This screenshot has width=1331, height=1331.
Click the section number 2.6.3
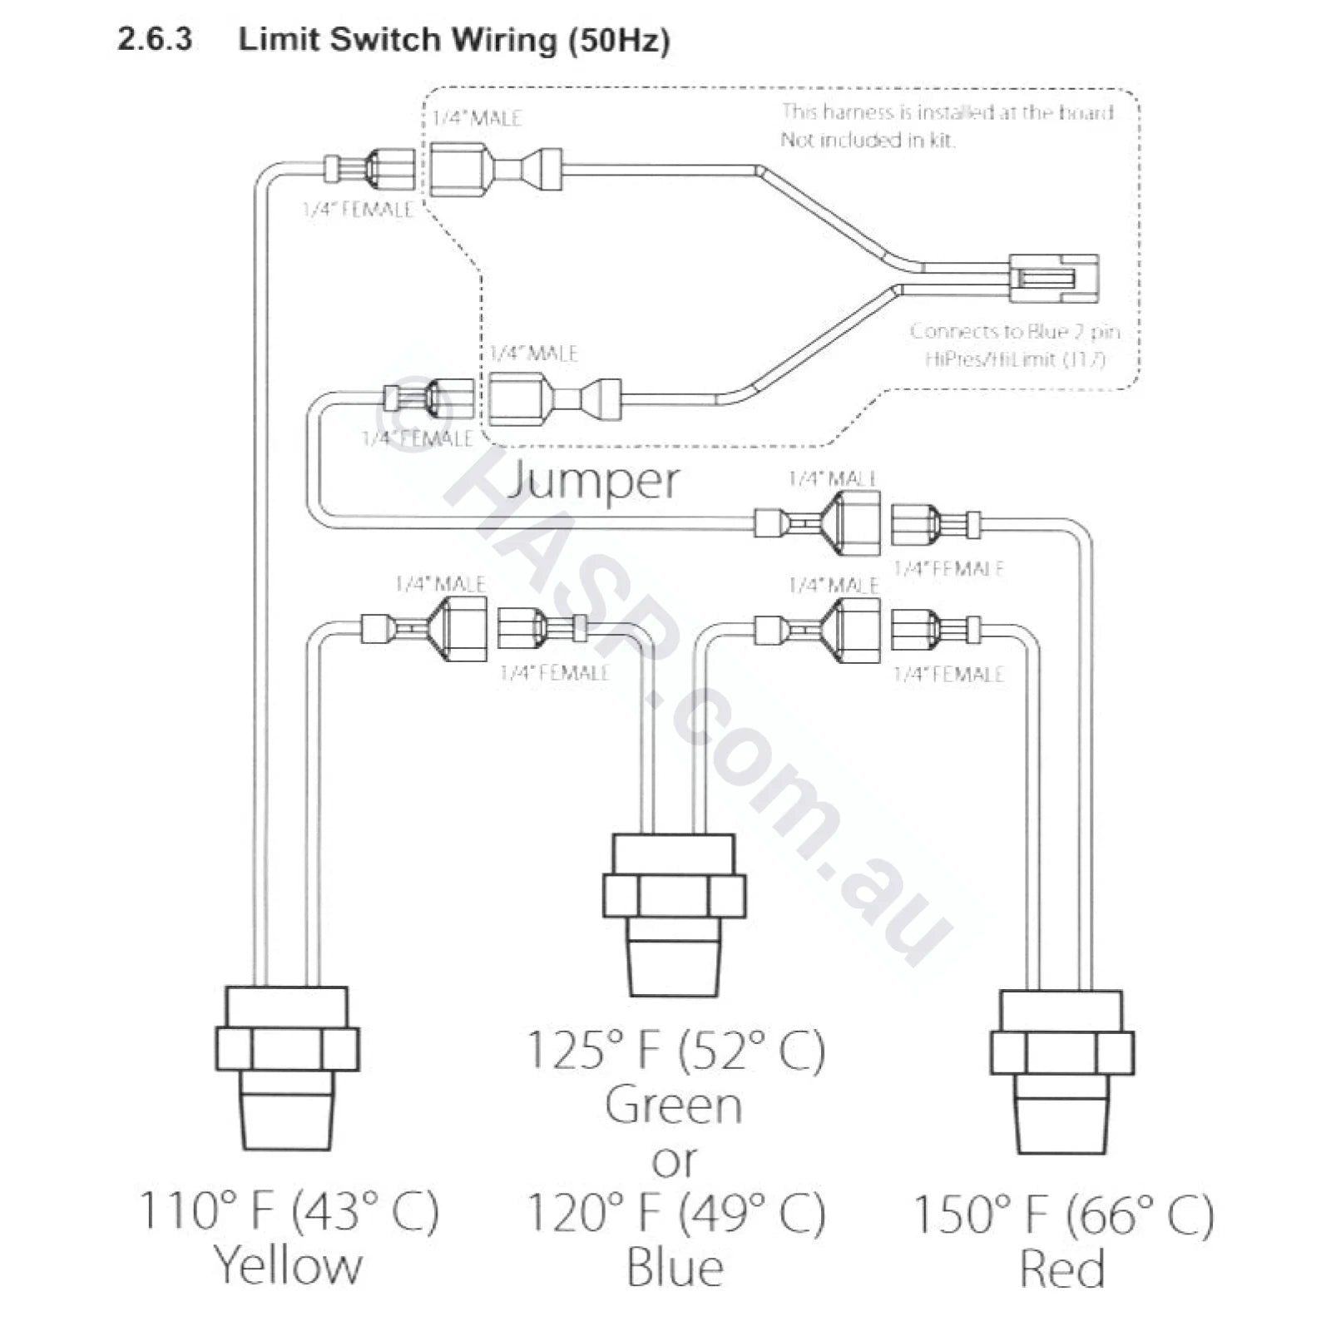tap(155, 39)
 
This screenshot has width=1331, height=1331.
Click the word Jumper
tap(592, 481)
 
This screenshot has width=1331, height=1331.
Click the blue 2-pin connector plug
tap(1053, 279)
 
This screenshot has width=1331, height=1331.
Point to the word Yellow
tap(289, 1266)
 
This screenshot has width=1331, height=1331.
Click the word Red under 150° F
tap(1062, 1268)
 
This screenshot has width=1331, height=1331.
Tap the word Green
tap(674, 1106)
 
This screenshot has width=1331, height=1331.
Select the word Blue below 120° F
tap(675, 1268)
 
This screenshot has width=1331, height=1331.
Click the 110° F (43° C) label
tap(288, 1211)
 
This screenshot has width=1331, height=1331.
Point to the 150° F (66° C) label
tap(1062, 1215)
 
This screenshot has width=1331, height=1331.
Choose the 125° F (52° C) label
tap(675, 1050)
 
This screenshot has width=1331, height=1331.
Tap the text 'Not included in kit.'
tap(867, 140)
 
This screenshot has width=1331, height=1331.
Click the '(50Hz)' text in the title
tap(619, 40)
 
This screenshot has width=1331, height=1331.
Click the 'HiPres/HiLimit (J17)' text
tap(1015, 359)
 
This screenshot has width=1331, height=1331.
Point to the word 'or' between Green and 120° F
tap(675, 1161)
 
